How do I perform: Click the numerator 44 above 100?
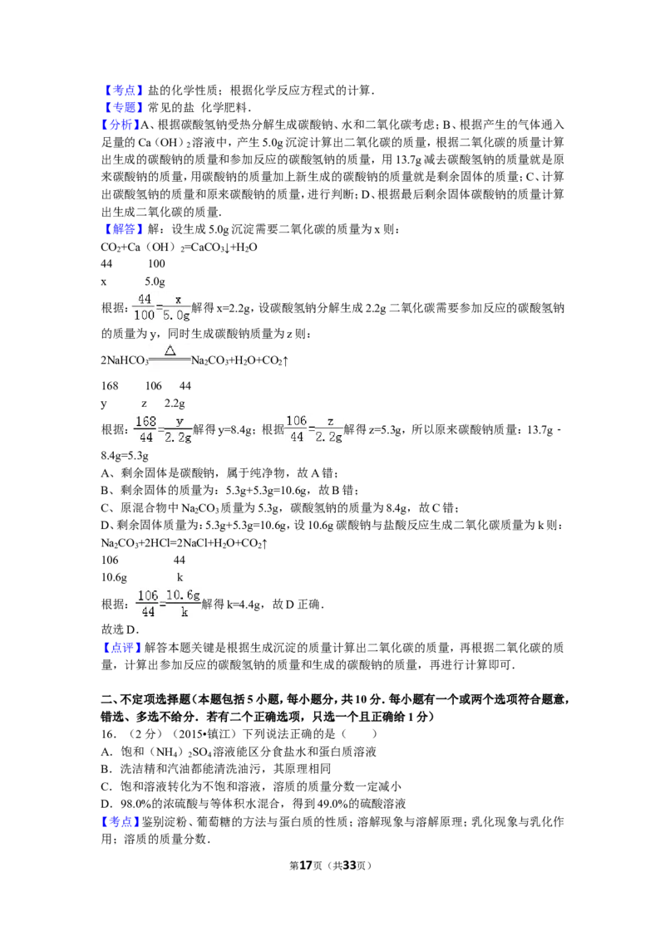[145, 299]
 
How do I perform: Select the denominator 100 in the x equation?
[144, 316]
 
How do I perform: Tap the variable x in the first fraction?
[178, 299]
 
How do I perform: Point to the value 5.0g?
[178, 316]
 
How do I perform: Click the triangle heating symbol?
[170, 350]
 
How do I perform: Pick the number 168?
[145, 421]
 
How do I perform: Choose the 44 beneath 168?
[146, 438]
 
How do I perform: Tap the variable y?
[179, 421]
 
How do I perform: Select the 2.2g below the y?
[178, 438]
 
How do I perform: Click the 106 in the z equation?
[297, 421]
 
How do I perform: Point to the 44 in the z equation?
[297, 438]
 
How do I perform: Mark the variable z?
[330, 421]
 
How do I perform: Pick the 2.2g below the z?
[330, 438]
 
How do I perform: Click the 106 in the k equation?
[148, 595]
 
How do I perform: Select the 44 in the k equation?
[148, 613]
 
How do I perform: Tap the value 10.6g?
[183, 595]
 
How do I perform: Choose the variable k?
[184, 613]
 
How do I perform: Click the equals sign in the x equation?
[160, 307]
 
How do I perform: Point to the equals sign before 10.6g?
[162, 604]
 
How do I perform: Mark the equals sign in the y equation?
[160, 429]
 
